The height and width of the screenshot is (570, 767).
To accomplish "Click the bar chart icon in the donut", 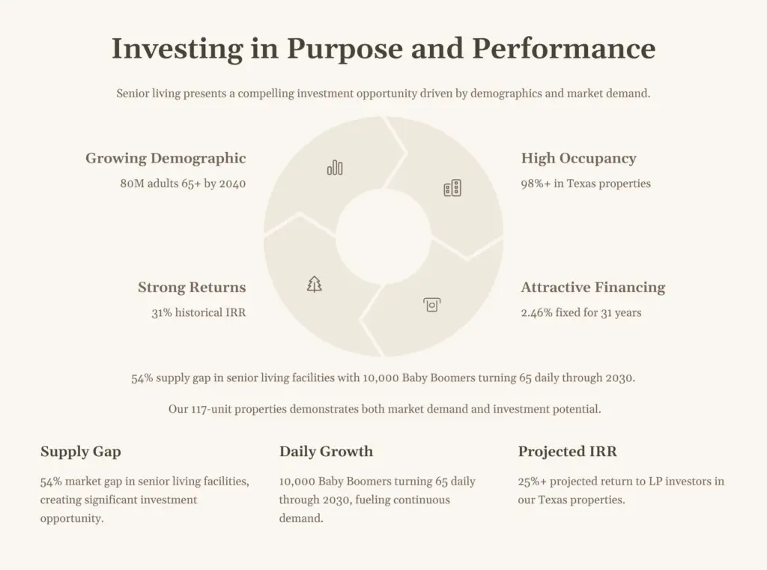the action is (335, 168).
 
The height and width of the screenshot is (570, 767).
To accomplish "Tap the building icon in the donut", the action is (452, 188).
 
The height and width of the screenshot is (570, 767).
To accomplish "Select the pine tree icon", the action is (314, 284).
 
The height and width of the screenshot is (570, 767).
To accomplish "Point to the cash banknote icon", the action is (432, 305).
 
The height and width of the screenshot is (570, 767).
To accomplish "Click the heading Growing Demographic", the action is (166, 159).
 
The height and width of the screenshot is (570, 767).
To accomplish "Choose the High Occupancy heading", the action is (579, 159).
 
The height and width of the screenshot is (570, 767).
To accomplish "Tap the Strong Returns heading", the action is (192, 287).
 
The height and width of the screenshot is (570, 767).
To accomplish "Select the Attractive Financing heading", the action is (593, 287).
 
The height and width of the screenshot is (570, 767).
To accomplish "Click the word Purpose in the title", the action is (345, 49).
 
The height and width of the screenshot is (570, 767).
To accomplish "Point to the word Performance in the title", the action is (563, 49).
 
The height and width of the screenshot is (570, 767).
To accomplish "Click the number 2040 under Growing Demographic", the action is (232, 184).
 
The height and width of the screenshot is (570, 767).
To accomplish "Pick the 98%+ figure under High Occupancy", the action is (536, 184).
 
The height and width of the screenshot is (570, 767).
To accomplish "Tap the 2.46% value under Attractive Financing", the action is (536, 312).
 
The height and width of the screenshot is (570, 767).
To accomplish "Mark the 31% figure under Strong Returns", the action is (162, 312).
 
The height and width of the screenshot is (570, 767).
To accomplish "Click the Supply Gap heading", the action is (81, 452).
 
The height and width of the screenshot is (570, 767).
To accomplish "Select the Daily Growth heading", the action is (327, 452).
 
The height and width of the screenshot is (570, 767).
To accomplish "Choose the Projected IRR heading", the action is (568, 452).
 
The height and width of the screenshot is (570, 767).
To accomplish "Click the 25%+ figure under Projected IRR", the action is (533, 482).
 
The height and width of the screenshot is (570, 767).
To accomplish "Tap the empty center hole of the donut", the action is (383, 237).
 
